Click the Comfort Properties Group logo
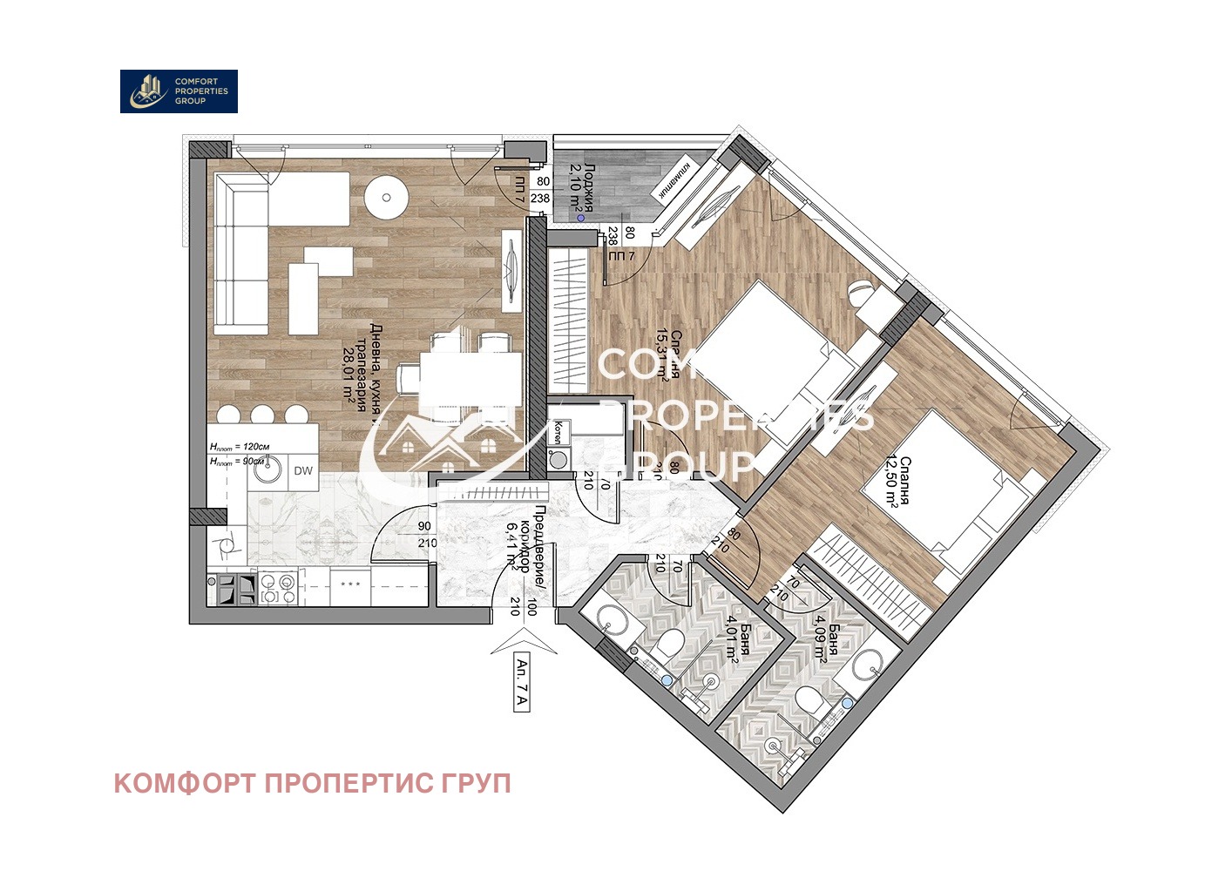(179, 91)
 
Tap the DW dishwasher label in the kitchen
(303, 471)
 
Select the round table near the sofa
(386, 198)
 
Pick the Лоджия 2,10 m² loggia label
(582, 187)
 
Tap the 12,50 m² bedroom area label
(898, 482)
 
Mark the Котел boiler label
(558, 431)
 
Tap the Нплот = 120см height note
(240, 447)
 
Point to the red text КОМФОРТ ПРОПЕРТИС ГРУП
(312, 783)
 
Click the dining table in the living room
(459, 373)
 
